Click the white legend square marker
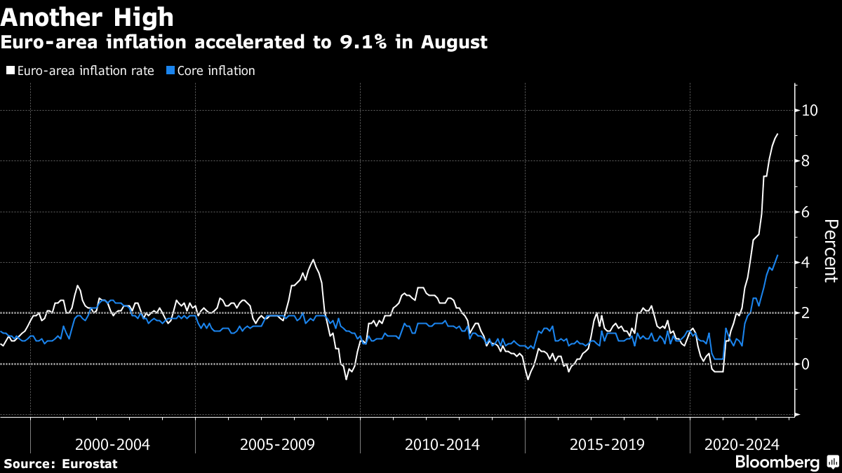11,71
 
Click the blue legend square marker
171,71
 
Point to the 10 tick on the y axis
810,110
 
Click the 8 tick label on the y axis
806,161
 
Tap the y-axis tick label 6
806,212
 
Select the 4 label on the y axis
806,262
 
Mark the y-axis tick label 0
806,364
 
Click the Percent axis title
830,250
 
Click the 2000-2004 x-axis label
112,444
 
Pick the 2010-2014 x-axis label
442,444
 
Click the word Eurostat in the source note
89,464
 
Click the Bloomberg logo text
777,462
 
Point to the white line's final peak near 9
777,134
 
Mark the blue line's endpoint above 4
777,255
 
